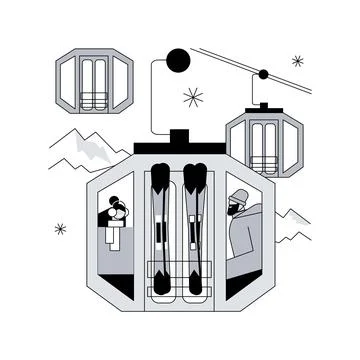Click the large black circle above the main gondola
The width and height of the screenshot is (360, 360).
tap(177, 59)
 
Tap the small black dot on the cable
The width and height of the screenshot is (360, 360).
tap(263, 74)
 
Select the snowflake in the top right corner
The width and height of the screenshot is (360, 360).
tap(297, 61)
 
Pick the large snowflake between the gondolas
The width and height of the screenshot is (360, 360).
tap(192, 97)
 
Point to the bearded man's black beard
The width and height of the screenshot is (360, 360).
tap(233, 215)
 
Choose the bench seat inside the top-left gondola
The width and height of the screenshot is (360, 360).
tap(93, 99)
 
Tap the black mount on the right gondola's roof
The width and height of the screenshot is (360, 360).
tap(263, 105)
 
